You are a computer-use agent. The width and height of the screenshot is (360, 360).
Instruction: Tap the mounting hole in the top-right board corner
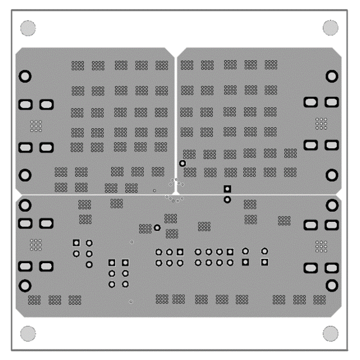tap(330, 27)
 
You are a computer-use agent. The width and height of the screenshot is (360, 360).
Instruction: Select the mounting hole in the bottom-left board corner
tap(28, 333)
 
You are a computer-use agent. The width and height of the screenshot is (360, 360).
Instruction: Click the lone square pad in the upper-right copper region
tap(227, 189)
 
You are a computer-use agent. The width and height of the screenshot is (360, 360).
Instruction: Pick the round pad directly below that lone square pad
tap(227, 199)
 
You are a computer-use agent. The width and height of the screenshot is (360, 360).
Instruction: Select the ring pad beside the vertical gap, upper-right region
tap(182, 163)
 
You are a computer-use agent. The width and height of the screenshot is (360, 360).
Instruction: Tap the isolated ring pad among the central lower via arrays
tap(157, 227)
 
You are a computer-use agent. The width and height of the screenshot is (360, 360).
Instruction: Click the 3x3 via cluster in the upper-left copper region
tap(36, 125)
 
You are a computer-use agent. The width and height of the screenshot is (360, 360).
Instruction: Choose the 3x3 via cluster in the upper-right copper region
tap(321, 123)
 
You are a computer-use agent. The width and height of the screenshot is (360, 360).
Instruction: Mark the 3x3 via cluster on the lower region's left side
tap(36, 244)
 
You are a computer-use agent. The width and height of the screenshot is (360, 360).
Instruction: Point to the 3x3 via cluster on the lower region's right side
tap(321, 245)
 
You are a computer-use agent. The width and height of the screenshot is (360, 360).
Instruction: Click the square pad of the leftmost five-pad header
tap(76, 242)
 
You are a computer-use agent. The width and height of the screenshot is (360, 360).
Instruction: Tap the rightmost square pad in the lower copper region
tap(264, 262)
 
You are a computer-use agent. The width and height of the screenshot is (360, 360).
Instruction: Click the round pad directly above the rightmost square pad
tap(264, 251)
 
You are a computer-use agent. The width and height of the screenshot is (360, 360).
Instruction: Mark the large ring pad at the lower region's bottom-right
tap(331, 285)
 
